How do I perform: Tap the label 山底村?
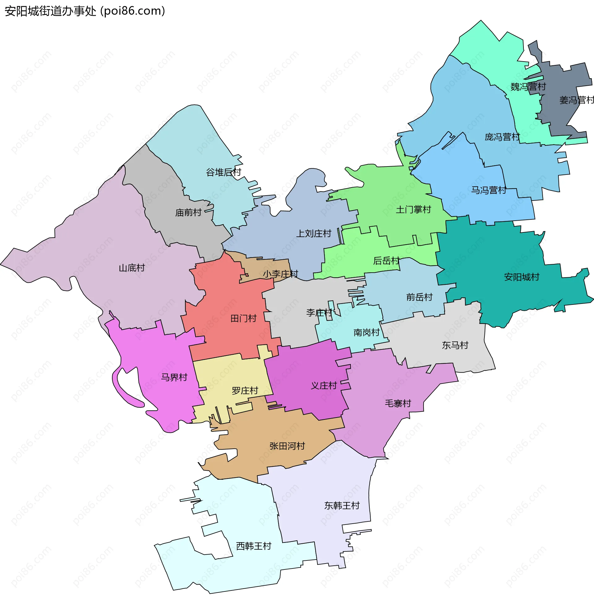pyautogui.click(x=131, y=268)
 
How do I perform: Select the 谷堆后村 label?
pyautogui.click(x=223, y=172)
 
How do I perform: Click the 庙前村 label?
pyautogui.click(x=188, y=213)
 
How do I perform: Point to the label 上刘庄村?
pyautogui.click(x=313, y=234)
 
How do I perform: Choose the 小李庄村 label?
pyautogui.click(x=280, y=274)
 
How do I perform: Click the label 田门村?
pyautogui.click(x=243, y=318)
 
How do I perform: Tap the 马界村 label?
pyautogui.click(x=174, y=377)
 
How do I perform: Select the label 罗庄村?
pyautogui.click(x=244, y=391)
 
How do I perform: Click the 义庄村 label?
pyautogui.click(x=324, y=386)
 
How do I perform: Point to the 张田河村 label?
pyautogui.click(x=287, y=446)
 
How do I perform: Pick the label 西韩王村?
pyautogui.click(x=253, y=546)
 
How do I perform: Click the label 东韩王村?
pyautogui.click(x=342, y=506)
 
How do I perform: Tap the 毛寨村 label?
pyautogui.click(x=398, y=404)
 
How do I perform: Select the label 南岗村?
pyautogui.click(x=366, y=332)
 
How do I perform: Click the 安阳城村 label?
pyautogui.click(x=521, y=277)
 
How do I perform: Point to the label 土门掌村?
pyautogui.click(x=413, y=210)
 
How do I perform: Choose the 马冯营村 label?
pyautogui.click(x=489, y=190)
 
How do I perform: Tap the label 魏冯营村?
pyautogui.click(x=528, y=87)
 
